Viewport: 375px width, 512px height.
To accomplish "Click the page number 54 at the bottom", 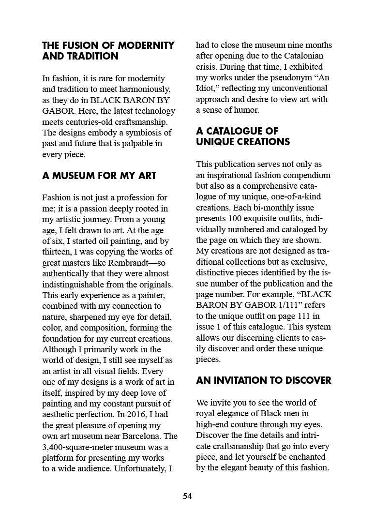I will tap(187, 496).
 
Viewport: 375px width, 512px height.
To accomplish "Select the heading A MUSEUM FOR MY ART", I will tap(99, 176).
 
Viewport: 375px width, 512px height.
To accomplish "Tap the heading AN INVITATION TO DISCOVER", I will tap(264, 380).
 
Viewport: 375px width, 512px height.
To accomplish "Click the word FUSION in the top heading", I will tap(79, 45).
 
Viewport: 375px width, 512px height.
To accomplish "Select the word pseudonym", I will tap(291, 78).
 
